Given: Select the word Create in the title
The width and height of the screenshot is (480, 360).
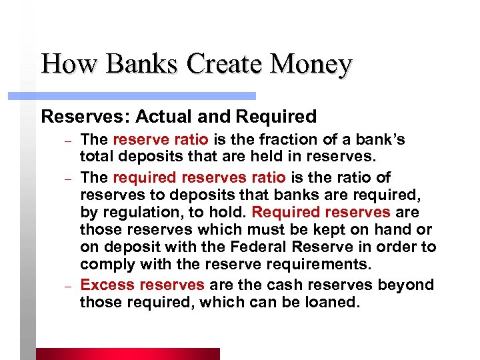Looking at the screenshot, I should coord(219,64).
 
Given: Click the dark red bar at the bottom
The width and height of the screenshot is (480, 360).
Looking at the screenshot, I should coord(127,353).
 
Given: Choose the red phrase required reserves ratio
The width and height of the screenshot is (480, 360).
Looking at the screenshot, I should coord(199,178).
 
